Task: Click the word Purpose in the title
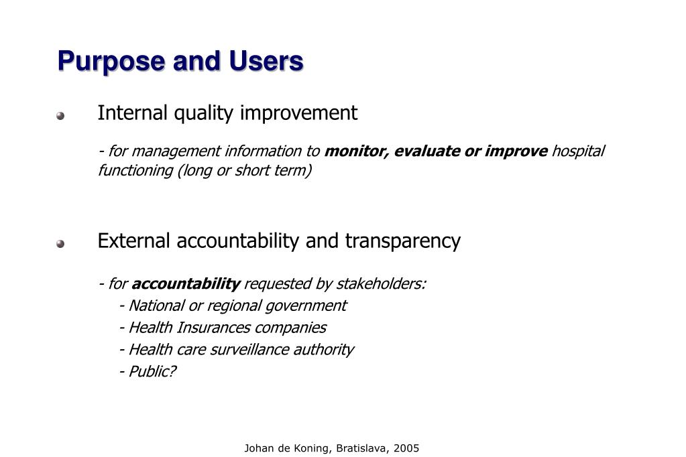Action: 111,62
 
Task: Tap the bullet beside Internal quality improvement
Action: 60,116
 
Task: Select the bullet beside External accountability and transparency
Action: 60,244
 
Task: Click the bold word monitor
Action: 354,151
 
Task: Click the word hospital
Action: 578,151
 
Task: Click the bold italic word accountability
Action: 186,284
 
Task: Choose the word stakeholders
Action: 380,284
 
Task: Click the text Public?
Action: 152,371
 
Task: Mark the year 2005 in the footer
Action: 406,448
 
